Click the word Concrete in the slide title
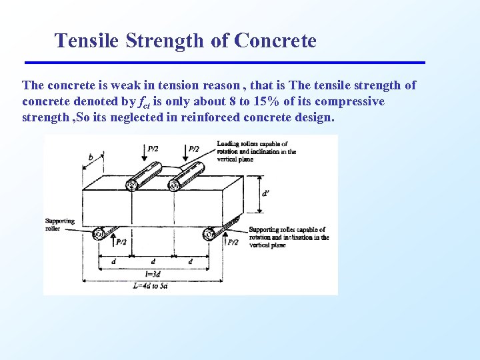275,41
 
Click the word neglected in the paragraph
152,117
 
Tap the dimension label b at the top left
91,158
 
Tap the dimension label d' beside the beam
265,193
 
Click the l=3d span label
153,274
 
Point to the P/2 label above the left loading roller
153,149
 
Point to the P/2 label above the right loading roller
194,149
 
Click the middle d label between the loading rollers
153,262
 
